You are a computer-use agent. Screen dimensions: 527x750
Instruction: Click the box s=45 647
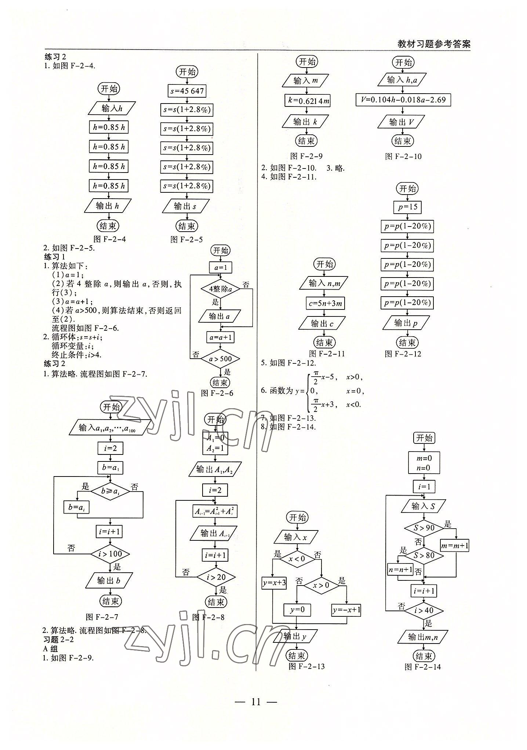187,91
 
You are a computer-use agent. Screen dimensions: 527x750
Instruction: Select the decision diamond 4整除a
220,289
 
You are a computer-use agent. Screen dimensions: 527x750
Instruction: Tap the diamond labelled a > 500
220,359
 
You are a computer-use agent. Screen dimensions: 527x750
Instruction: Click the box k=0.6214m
307,101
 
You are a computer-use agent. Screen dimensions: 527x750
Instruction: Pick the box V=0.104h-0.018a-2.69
403,100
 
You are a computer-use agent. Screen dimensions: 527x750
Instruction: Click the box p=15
407,207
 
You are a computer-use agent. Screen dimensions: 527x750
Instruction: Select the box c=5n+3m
325,303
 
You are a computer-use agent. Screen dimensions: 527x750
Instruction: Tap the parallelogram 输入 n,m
324,283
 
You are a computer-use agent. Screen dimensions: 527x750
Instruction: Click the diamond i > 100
110,554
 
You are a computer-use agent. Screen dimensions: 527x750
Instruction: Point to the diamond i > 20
216,577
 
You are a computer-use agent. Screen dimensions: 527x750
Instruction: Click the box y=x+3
274,583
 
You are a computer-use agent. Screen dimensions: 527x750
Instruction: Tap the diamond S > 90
424,528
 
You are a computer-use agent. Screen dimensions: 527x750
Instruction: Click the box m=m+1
455,546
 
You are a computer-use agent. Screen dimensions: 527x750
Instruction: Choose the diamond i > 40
424,611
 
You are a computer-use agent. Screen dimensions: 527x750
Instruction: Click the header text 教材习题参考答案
434,44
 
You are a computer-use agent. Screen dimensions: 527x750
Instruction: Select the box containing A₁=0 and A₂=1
215,443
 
